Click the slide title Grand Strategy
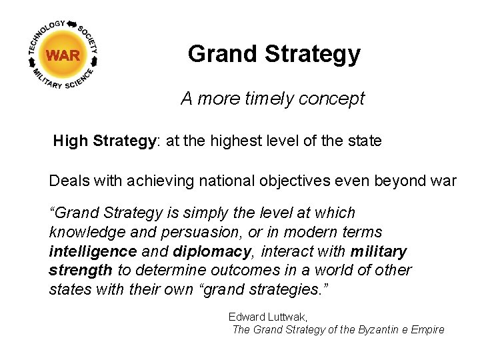[x=274, y=54]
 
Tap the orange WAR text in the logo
[x=63, y=55]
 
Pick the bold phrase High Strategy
[x=104, y=141]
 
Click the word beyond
[x=397, y=181]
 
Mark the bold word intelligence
[x=93, y=251]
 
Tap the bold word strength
[x=81, y=271]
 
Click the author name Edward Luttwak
[x=268, y=317]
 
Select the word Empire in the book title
[x=427, y=330]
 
